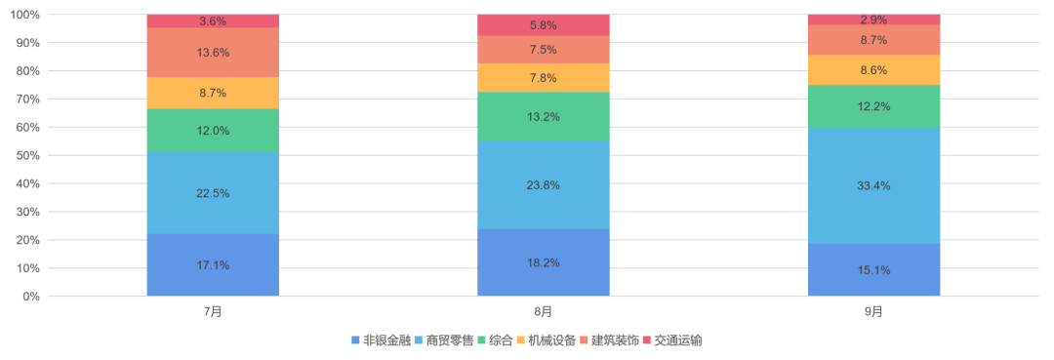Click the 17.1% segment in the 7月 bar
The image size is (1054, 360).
click(x=213, y=264)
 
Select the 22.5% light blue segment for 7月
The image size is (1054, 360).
click(x=213, y=193)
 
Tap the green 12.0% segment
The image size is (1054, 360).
click(x=213, y=131)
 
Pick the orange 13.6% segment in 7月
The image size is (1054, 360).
click(x=213, y=53)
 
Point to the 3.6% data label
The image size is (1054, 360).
click(x=213, y=21)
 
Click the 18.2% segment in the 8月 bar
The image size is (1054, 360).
click(x=544, y=262)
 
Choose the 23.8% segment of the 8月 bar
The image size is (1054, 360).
click(x=544, y=185)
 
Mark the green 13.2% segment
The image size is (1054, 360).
click(x=544, y=117)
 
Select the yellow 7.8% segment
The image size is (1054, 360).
click(x=544, y=78)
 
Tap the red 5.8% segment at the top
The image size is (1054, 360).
click(x=544, y=25)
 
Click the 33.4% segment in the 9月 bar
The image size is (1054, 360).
click(x=874, y=185)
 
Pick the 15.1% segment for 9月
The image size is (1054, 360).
click(x=874, y=270)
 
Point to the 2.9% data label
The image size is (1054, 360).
click(x=874, y=20)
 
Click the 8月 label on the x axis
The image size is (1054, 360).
click(x=544, y=311)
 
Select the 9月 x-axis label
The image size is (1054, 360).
click(x=874, y=311)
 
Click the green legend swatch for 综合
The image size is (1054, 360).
click(x=482, y=340)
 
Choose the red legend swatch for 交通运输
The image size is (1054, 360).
click(x=647, y=340)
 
